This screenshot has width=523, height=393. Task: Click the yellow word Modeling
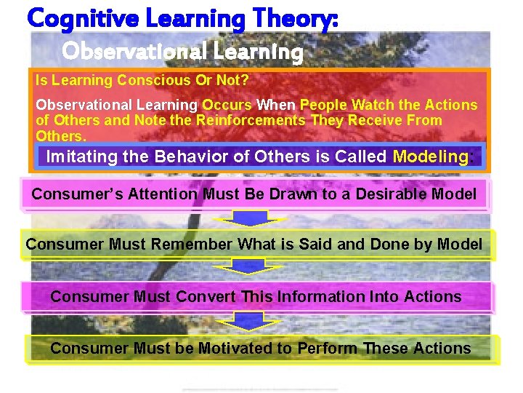[431, 156]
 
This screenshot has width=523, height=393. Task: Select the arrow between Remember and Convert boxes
[249, 269]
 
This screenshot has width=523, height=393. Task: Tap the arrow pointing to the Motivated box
[249, 321]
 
